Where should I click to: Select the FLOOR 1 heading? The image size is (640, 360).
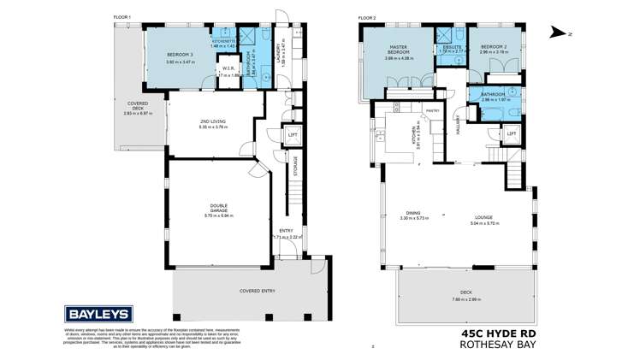[x=125, y=17]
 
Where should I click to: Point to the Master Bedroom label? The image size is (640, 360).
[x=399, y=50]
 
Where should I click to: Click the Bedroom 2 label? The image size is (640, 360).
[x=494, y=47]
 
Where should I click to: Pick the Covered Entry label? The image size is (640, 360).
[x=257, y=291]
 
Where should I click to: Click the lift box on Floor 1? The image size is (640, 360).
[x=293, y=134]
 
